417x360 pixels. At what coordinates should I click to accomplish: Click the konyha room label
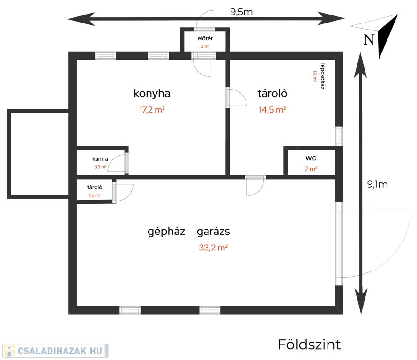(x=152, y=94)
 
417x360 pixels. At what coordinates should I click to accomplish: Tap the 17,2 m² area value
(x=152, y=110)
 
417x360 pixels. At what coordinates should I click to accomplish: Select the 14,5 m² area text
(x=272, y=110)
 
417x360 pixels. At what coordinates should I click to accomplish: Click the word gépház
(x=166, y=232)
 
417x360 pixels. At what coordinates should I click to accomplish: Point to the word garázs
(x=213, y=232)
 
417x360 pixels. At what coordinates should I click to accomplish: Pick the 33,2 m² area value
(x=213, y=247)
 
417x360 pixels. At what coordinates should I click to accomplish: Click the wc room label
(x=311, y=158)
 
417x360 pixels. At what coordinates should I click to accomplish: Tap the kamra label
(x=100, y=159)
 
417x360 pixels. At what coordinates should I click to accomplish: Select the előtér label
(x=205, y=38)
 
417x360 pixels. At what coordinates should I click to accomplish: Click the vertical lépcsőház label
(x=323, y=76)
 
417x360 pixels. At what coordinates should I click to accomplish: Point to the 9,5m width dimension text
(x=241, y=12)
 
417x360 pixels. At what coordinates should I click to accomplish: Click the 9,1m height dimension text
(x=377, y=184)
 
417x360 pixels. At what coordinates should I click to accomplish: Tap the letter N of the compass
(x=369, y=40)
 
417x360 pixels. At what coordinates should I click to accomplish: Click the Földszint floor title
(x=309, y=345)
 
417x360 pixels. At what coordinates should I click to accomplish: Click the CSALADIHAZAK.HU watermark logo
(x=55, y=351)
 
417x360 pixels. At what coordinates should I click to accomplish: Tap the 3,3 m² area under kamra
(x=100, y=167)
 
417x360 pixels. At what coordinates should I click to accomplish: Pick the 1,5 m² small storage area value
(x=95, y=195)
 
